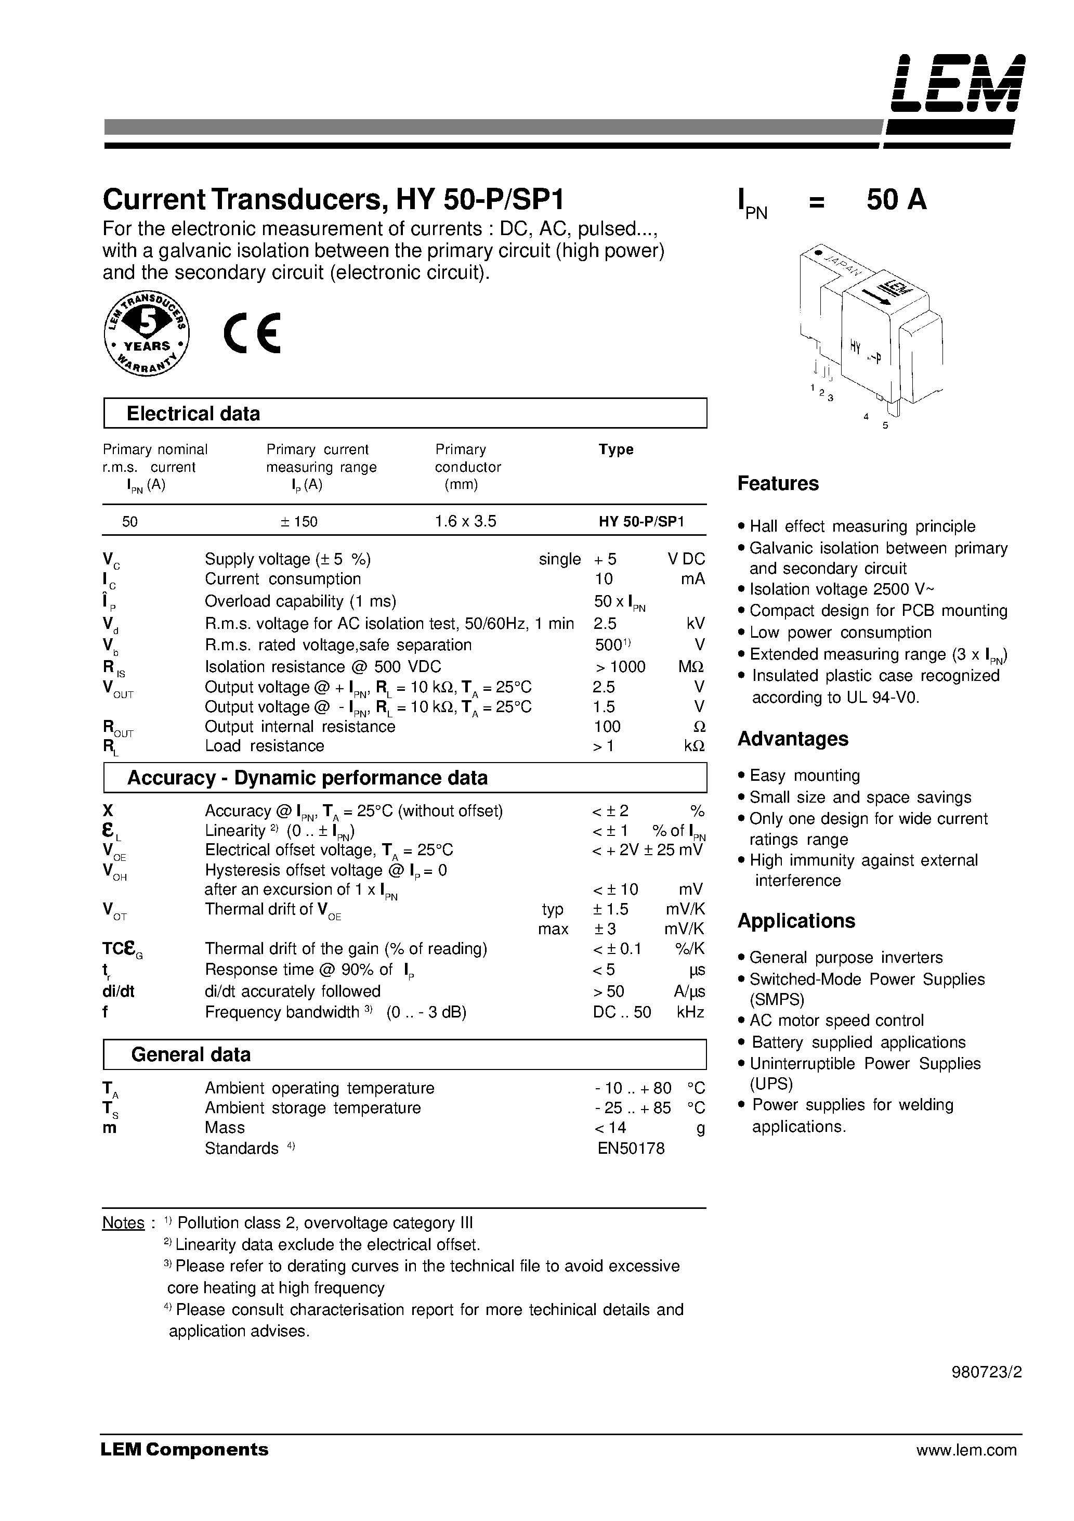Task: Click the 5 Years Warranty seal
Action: point(146,334)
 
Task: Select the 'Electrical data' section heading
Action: point(193,414)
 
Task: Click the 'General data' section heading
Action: point(191,1054)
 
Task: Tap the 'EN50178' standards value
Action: point(631,1148)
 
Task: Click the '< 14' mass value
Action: point(610,1128)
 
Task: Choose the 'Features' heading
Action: point(778,484)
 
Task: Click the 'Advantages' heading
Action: point(793,739)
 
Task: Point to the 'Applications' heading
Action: point(796,921)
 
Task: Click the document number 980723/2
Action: point(987,1372)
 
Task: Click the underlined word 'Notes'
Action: point(123,1223)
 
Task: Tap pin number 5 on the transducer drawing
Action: point(885,426)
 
